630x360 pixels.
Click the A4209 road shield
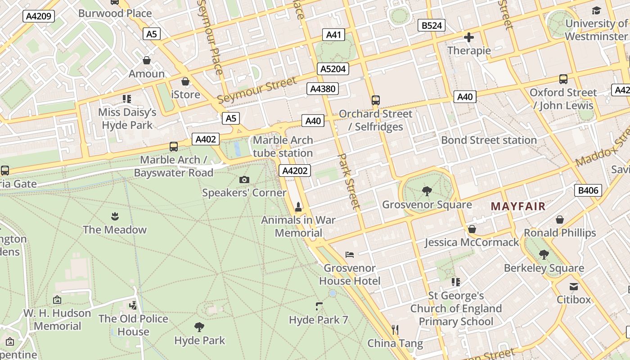39,17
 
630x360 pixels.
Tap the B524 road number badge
431,25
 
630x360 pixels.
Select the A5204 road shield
333,69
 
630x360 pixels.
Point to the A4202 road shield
295,171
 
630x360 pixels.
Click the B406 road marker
588,190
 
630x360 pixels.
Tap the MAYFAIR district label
518,207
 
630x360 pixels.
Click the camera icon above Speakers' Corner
244,180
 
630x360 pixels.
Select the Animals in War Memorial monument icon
298,207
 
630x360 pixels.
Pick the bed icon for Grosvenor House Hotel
350,255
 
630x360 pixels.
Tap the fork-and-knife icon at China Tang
395,330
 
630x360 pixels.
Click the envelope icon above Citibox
574,287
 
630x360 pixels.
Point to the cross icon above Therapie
469,37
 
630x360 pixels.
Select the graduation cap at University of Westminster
596,11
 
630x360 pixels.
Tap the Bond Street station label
489,140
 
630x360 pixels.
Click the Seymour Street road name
257,90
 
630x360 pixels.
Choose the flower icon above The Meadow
115,216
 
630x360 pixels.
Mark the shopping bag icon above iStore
185,81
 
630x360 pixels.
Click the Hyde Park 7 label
319,320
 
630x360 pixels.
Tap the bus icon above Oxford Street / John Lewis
563,79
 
